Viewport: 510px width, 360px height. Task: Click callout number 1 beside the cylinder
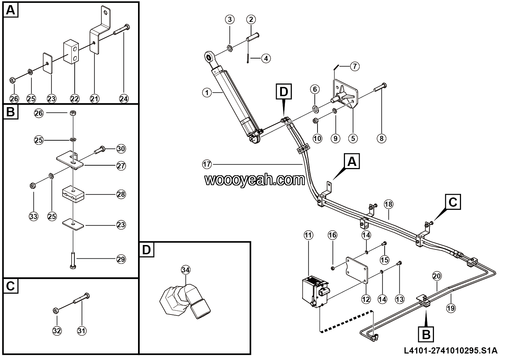click(207, 92)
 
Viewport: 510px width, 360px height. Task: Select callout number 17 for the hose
click(207, 164)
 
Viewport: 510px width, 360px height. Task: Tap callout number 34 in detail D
click(186, 270)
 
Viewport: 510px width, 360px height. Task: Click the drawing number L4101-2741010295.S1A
click(451, 350)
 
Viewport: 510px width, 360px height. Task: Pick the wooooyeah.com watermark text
click(254, 180)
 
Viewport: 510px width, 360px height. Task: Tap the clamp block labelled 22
click(71, 52)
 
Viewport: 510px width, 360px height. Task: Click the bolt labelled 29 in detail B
click(73, 261)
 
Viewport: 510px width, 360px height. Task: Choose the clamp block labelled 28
click(73, 194)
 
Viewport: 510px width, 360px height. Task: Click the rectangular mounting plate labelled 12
click(357, 270)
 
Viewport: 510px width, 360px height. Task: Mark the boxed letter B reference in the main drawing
click(426, 334)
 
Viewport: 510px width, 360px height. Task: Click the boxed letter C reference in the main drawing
click(452, 202)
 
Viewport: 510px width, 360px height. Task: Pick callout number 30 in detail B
click(121, 149)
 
